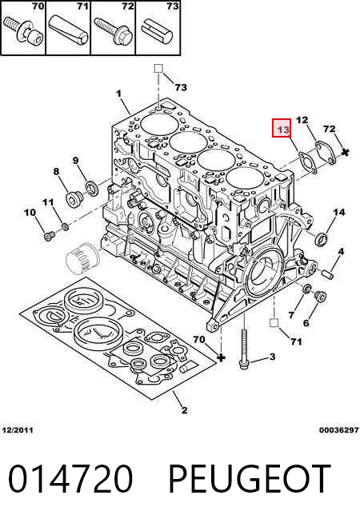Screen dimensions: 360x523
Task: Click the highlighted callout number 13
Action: pyautogui.click(x=283, y=129)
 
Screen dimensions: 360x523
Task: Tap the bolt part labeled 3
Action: pyautogui.click(x=244, y=349)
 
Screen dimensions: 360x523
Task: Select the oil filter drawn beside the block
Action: pyautogui.click(x=82, y=259)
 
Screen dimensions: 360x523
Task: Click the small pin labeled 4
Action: pyautogui.click(x=328, y=273)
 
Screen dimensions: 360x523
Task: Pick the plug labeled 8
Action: pyautogui.click(x=320, y=296)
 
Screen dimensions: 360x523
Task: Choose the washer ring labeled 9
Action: pyautogui.click(x=306, y=289)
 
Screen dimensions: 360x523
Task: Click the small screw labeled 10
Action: pyautogui.click(x=73, y=198)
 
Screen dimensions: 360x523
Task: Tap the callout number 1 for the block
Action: pyautogui.click(x=92, y=187)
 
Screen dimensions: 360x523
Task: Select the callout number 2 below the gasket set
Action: pyautogui.click(x=49, y=236)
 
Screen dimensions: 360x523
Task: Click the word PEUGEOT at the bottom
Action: pyautogui.click(x=66, y=227)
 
